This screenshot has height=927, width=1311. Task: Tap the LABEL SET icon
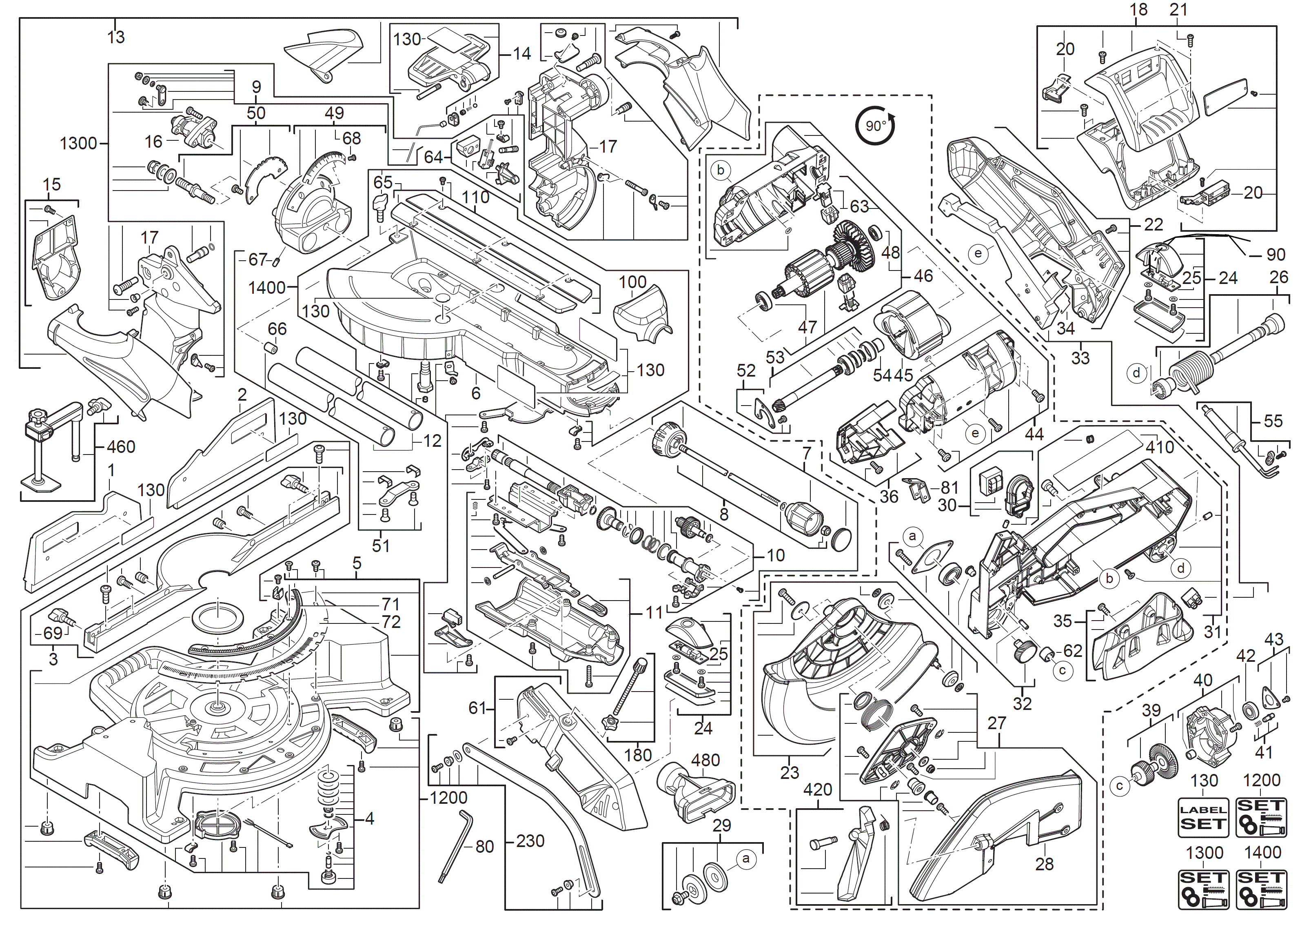tap(1203, 817)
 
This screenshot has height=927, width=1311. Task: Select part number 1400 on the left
tap(267, 287)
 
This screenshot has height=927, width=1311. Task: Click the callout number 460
tap(121, 446)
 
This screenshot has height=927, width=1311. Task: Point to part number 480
tap(705, 760)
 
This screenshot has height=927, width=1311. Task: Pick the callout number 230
tap(530, 841)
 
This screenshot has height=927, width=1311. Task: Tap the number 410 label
tap(1160, 447)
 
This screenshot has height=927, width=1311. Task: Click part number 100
tap(632, 282)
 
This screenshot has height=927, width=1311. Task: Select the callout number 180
tap(638, 755)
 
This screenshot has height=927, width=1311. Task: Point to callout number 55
tap(1273, 421)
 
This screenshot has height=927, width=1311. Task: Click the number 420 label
tap(817, 790)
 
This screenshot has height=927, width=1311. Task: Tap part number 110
tap(475, 197)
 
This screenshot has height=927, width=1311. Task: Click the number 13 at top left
tap(116, 37)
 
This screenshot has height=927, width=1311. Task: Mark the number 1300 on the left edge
tap(78, 143)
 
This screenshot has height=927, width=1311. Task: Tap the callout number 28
tap(1044, 864)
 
